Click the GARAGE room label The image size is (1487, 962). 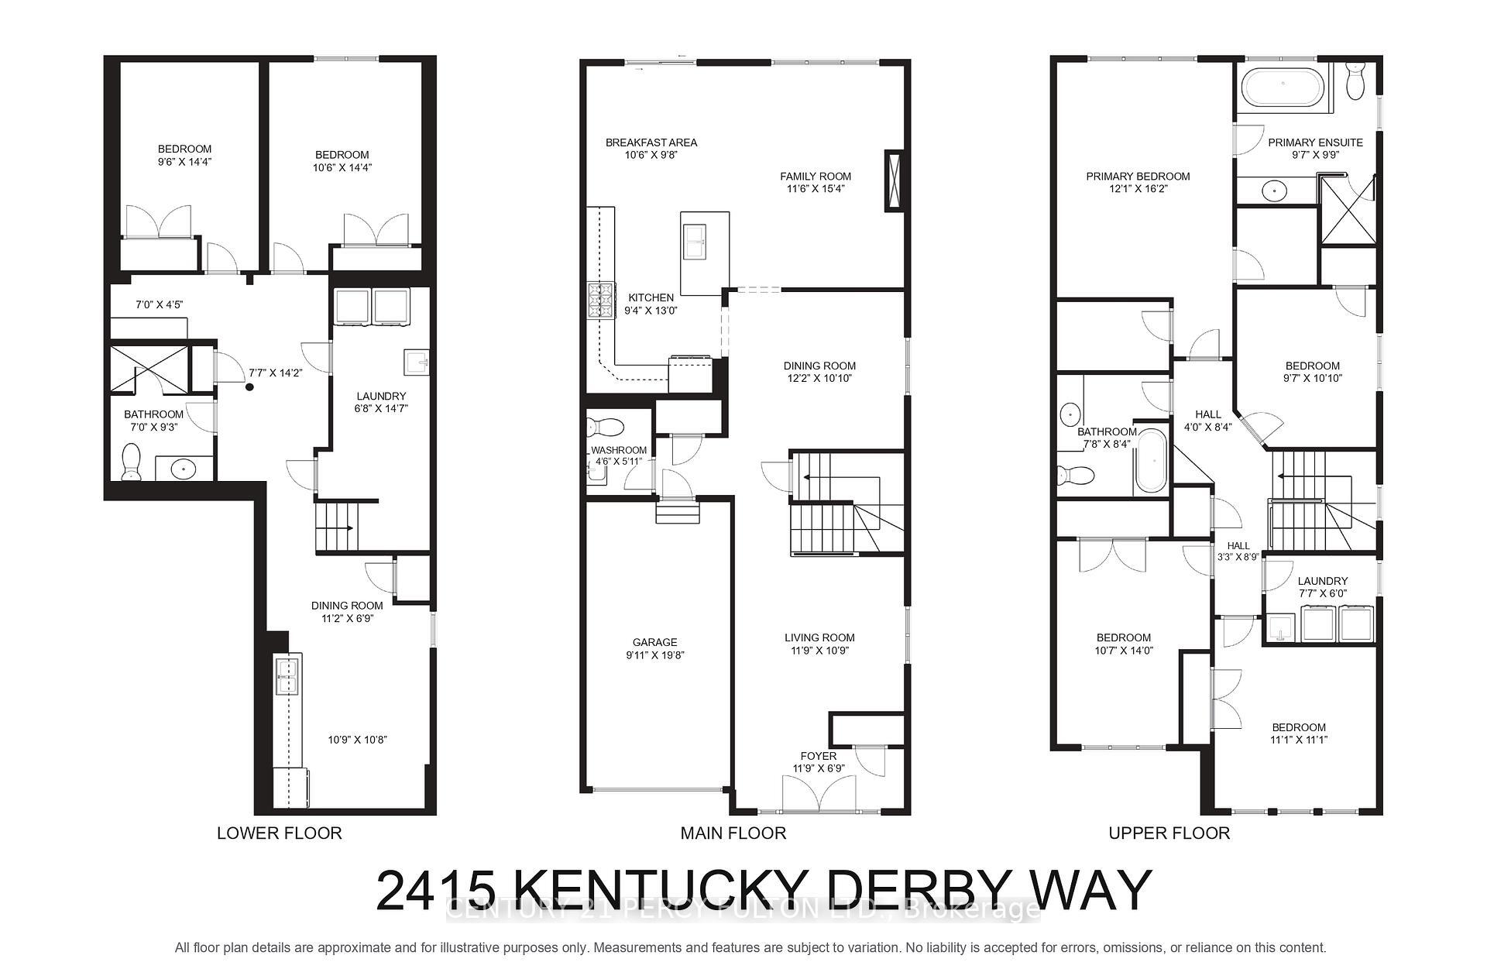coord(654,642)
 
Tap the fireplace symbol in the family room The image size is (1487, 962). coord(894,180)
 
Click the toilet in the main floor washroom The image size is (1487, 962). coord(606,427)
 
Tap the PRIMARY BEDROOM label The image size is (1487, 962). coord(1137,176)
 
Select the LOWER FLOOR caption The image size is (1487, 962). coord(279,833)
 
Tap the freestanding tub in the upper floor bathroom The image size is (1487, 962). coord(1149,462)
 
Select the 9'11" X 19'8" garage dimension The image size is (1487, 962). coord(654,655)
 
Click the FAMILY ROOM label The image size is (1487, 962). coord(815,176)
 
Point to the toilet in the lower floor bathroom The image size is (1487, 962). coord(132,462)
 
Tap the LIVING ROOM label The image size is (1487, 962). coord(819,637)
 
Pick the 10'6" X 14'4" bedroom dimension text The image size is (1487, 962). coord(342,167)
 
